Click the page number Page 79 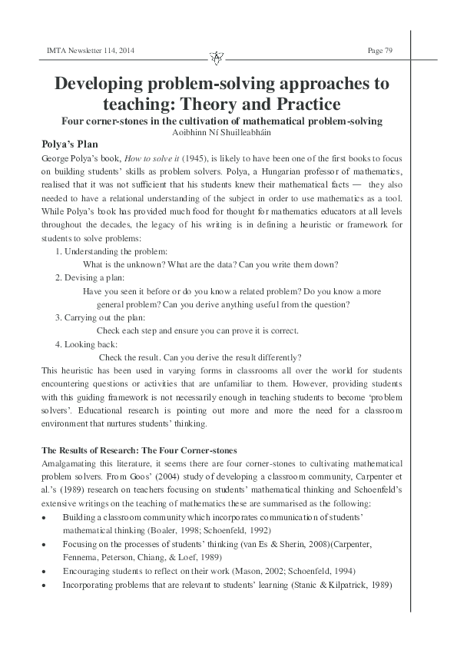click(380, 51)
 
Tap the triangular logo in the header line click(216, 58)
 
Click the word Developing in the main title click(106, 83)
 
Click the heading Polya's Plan click(70, 144)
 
